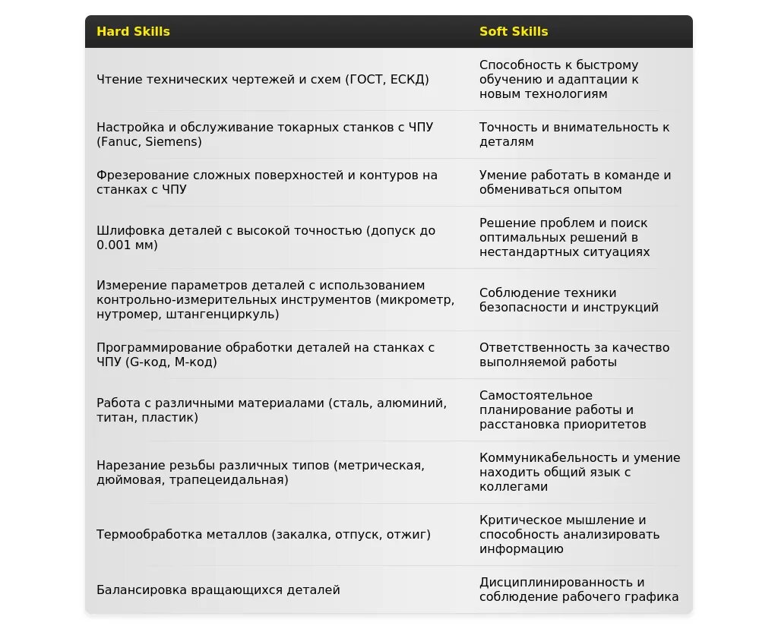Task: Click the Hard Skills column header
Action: [x=133, y=32]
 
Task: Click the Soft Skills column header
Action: [x=514, y=32]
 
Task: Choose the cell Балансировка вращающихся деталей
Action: [x=218, y=590]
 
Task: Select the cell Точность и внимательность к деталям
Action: [x=574, y=134]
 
